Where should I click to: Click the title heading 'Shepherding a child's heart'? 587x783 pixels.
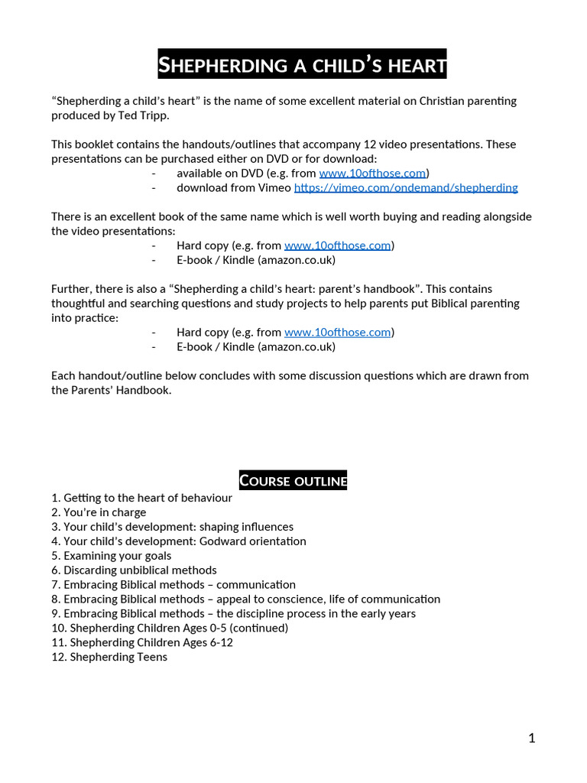coord(302,64)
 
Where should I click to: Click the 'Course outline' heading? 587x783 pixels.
coord(293,480)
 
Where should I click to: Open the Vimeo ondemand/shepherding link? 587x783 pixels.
coord(406,187)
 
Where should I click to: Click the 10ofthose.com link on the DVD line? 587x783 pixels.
coord(372,173)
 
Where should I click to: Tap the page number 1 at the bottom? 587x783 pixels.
coord(531,738)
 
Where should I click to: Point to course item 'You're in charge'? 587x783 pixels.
coord(105,512)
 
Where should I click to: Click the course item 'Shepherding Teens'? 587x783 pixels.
coord(118,657)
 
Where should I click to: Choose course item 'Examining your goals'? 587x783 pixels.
coord(117,556)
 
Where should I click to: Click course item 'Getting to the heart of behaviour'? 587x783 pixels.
coord(148,498)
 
